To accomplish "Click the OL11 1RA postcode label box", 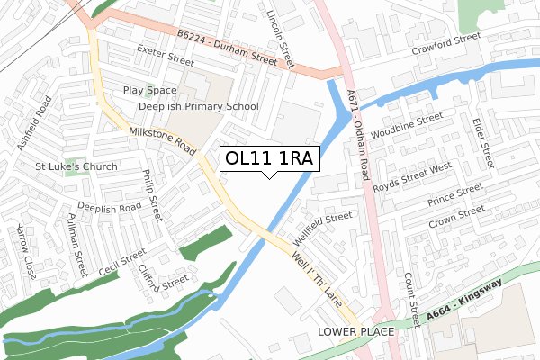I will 269,158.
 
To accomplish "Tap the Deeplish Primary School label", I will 198,106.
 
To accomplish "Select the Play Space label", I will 150,91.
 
